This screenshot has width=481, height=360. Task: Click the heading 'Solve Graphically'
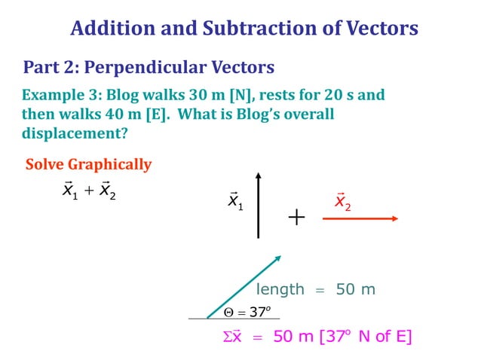(88, 164)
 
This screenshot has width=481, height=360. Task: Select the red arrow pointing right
(360, 218)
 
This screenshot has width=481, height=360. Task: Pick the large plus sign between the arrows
(296, 218)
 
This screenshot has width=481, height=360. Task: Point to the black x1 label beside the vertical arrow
(235, 201)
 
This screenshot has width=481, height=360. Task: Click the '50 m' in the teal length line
(355, 289)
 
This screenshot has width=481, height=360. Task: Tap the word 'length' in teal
(280, 289)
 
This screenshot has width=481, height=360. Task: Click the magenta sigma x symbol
(233, 337)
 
